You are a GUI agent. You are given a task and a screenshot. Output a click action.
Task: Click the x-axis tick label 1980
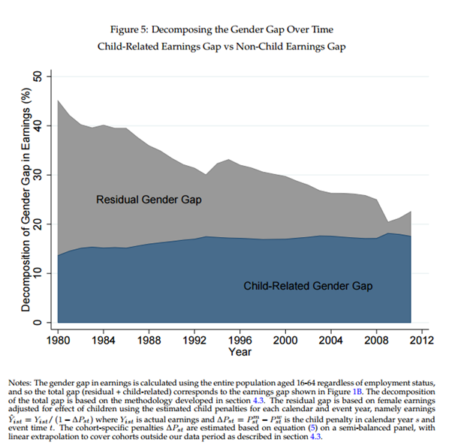click(57, 338)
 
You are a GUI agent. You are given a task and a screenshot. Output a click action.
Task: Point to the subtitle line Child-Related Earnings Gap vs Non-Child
click(225, 47)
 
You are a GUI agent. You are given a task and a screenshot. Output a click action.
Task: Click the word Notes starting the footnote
click(26, 377)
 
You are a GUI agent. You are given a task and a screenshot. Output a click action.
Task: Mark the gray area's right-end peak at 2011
click(409, 212)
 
